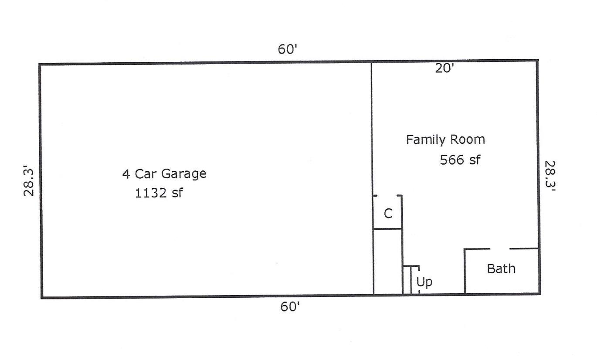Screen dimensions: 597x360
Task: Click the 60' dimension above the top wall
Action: [287, 49]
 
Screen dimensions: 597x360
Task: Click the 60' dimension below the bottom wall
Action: [290, 307]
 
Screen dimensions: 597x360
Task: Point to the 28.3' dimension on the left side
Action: [29, 183]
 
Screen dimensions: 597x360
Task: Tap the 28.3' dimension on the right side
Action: [550, 176]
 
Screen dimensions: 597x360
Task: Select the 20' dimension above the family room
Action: [444, 68]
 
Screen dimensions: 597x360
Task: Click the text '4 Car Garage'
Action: [164, 174]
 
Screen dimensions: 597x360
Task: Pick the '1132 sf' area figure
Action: [159, 193]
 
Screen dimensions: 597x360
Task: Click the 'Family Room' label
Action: [445, 140]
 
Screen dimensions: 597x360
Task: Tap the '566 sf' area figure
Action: [460, 160]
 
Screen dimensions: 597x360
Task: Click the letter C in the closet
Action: [388, 214]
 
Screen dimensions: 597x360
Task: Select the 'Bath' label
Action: [501, 269]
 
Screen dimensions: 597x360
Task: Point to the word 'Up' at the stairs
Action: [424, 282]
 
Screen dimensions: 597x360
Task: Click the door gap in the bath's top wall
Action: [500, 249]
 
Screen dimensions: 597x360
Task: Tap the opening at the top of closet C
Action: [387, 196]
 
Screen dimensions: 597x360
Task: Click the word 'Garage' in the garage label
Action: [183, 174]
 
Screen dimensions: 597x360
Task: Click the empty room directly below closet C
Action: [387, 262]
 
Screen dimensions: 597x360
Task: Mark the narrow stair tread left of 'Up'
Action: [407, 280]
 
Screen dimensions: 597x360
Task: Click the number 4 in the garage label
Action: [126, 174]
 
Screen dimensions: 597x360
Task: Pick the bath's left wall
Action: [465, 272]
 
